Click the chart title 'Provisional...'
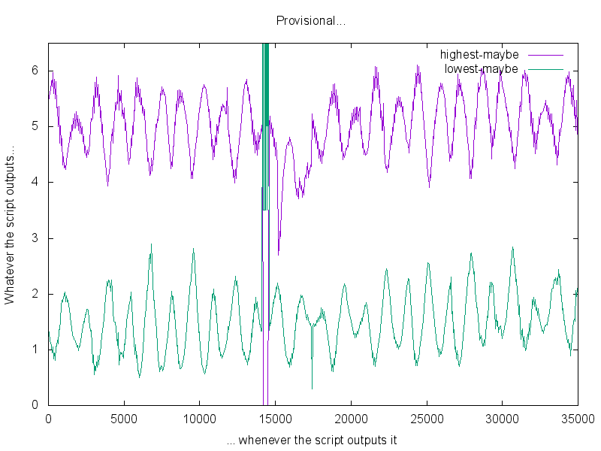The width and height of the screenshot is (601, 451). pos(310,20)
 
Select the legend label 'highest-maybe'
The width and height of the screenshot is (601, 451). pos(479,55)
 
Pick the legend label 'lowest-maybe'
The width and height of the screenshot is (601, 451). pos(482,69)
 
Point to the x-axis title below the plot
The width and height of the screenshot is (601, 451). pos(311,440)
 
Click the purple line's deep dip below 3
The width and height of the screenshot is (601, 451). pos(279,253)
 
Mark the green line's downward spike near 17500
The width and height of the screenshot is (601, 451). pos(313,387)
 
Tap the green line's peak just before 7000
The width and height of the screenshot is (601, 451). pos(151,245)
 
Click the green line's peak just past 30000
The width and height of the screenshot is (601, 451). pos(513,247)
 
